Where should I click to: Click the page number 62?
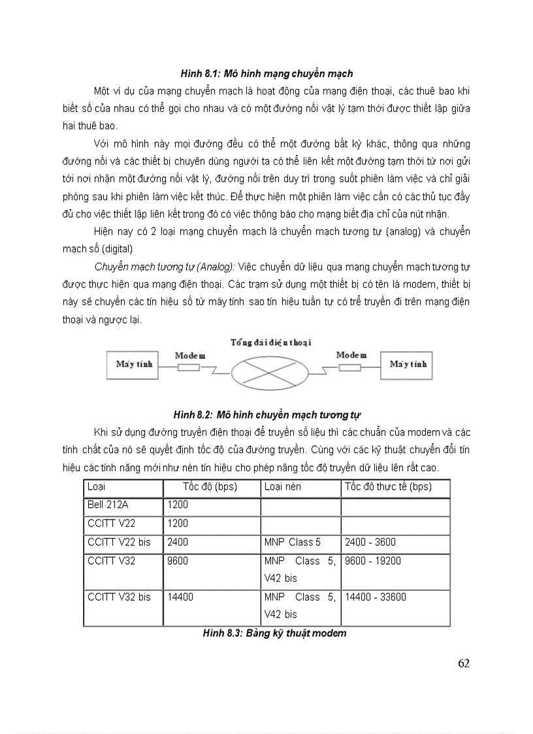point(463,663)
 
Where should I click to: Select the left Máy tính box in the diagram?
point(134,365)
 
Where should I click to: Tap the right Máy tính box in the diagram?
point(408,365)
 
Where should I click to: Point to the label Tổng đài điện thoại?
point(270,342)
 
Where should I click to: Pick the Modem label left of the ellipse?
point(190,356)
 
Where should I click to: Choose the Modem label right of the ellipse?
point(351,355)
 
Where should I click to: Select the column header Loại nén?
point(283,487)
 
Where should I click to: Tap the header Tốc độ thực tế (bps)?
point(388,487)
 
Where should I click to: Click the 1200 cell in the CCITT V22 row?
point(178,524)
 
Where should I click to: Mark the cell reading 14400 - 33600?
point(376,597)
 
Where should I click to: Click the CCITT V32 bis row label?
point(119,597)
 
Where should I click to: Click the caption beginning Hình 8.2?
point(267,414)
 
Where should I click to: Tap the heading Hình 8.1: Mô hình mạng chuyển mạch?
point(267,74)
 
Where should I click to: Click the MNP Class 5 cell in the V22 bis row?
point(293,542)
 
